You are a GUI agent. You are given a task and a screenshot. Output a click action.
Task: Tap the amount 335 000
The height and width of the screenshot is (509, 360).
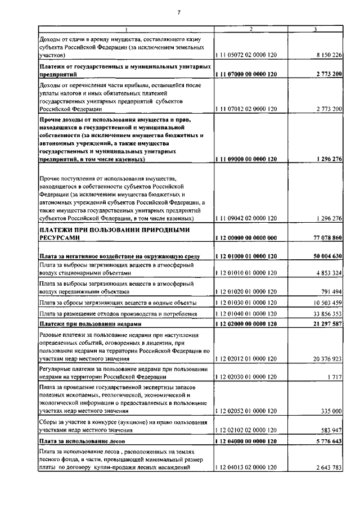click(330, 412)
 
